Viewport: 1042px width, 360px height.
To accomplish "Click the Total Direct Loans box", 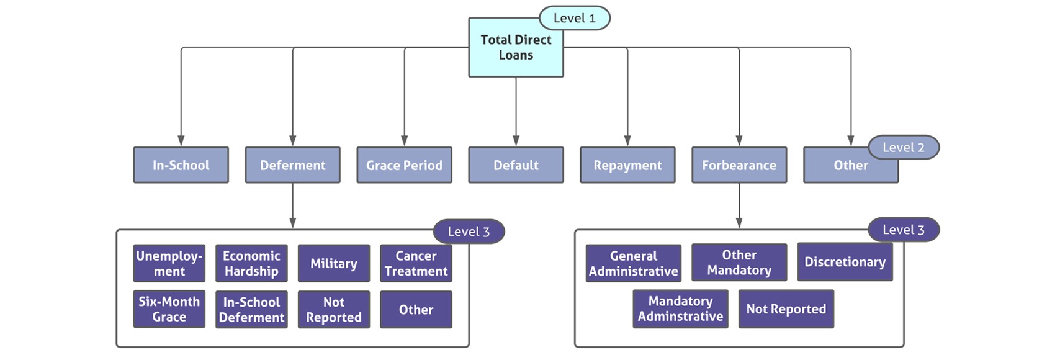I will point(516,48).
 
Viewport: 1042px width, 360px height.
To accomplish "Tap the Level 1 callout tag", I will point(574,18).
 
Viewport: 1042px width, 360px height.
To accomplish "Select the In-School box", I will point(181,165).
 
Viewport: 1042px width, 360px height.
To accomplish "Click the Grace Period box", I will point(404,165).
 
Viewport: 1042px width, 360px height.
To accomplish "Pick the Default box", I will point(516,165).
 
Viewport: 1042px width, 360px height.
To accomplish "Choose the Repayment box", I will point(627,165).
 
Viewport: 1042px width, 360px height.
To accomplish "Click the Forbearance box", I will point(739,165).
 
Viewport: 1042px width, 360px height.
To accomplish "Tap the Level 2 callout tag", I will point(903,148).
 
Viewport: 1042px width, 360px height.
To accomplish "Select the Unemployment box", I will point(169,264).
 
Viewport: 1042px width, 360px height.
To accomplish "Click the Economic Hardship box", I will point(251,264).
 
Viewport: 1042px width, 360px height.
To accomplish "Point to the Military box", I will point(333,264).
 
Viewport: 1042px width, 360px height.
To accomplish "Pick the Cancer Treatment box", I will point(416,264).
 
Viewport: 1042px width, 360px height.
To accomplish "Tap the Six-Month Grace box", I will point(169,309).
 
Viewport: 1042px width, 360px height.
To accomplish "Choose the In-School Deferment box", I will point(251,309).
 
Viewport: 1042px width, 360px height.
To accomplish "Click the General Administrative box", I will point(633,264).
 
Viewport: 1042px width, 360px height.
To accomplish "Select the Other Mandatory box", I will point(739,263).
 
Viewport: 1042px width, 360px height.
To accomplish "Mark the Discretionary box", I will point(845,262).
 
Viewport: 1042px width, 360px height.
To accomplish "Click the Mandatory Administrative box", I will point(680,308).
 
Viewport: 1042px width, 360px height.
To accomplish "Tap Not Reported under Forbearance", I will point(786,309).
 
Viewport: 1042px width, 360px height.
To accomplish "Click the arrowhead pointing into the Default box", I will point(516,141).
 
